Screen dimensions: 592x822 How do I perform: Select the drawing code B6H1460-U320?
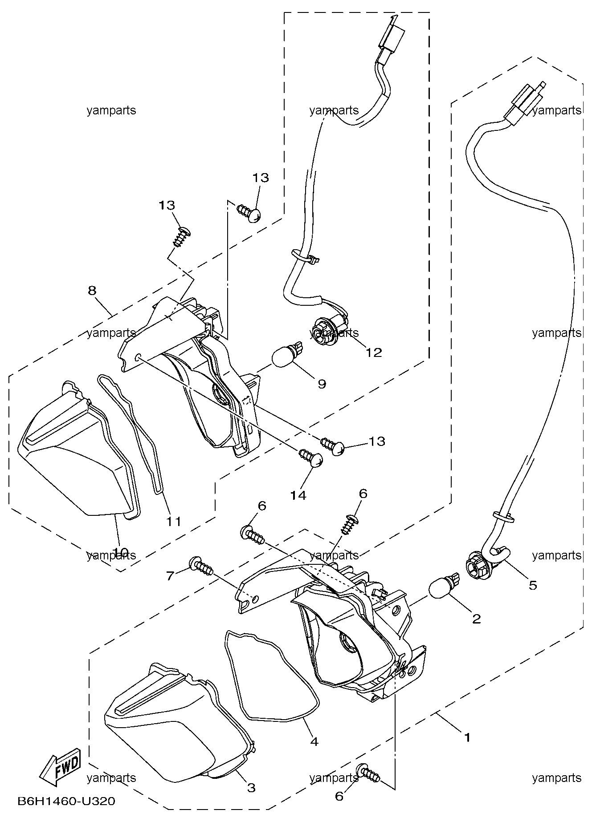66,802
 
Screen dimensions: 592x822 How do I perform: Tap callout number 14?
298,495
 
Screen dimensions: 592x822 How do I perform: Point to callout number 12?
374,352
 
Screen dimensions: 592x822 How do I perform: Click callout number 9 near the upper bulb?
322,384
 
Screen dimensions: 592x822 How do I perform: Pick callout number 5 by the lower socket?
533,585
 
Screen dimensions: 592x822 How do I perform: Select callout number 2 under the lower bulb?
477,619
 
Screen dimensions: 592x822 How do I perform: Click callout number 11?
174,521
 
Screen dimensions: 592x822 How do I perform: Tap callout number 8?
92,291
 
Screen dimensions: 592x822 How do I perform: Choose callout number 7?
170,576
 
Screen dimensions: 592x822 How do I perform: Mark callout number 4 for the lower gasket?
314,741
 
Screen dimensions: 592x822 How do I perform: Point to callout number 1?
467,737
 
